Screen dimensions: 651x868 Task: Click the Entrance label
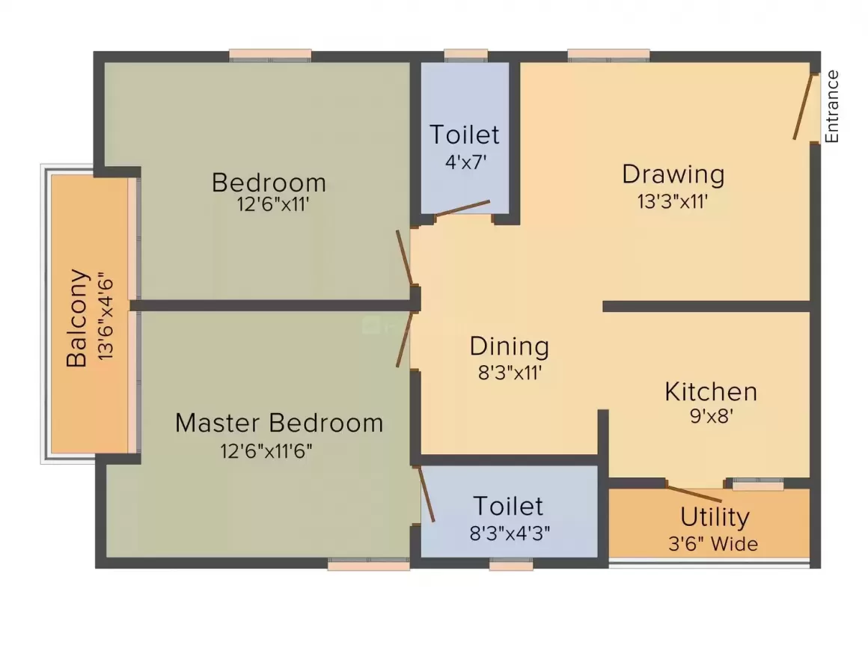pyautogui.click(x=832, y=106)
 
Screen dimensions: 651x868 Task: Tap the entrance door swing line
pyautogui.click(x=802, y=106)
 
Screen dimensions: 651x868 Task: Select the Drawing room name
pyautogui.click(x=673, y=174)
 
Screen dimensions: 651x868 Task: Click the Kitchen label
pyautogui.click(x=711, y=392)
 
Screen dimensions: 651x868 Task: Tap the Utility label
pyautogui.click(x=715, y=517)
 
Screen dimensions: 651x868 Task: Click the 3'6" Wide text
pyautogui.click(x=712, y=543)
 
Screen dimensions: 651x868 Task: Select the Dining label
pyautogui.click(x=509, y=346)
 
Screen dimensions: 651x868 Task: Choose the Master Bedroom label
pyautogui.click(x=279, y=423)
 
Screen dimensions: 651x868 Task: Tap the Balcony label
pyautogui.click(x=78, y=317)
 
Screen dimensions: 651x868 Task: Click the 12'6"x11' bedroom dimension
pyautogui.click(x=273, y=204)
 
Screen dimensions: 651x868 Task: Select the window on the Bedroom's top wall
pyautogui.click(x=270, y=55)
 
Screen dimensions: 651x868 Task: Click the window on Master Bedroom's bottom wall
pyautogui.click(x=368, y=566)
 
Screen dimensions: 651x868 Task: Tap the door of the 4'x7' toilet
pyautogui.click(x=462, y=208)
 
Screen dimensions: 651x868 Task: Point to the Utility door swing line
pyautogui.click(x=694, y=494)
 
